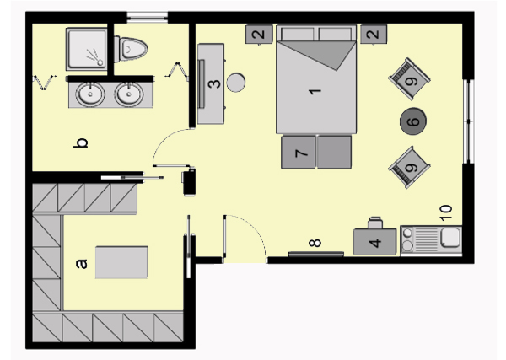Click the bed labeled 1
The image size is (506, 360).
pos(316,79)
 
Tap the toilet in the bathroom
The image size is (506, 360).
pos(131,49)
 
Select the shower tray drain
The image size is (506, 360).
pos(100,62)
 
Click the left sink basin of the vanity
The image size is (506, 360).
pos(90,94)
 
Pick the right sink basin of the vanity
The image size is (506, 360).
pos(129,94)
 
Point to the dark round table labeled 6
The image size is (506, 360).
pos(413,121)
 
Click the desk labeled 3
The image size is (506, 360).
pos(211,83)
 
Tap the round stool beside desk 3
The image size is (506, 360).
pos(236,83)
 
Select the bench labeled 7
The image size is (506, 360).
pos(316,153)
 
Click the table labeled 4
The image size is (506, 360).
pos(375,242)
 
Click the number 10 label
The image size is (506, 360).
pos(446,212)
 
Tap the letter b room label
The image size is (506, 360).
pos(81,142)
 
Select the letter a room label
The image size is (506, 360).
pos(82,264)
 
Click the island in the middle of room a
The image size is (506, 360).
pos(121,262)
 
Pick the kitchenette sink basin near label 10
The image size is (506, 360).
pos(451,237)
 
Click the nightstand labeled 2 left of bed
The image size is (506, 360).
pos(259,35)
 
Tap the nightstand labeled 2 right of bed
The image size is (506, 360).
pos(374,35)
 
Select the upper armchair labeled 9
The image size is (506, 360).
pos(409,79)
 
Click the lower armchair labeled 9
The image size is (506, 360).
pos(409,167)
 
